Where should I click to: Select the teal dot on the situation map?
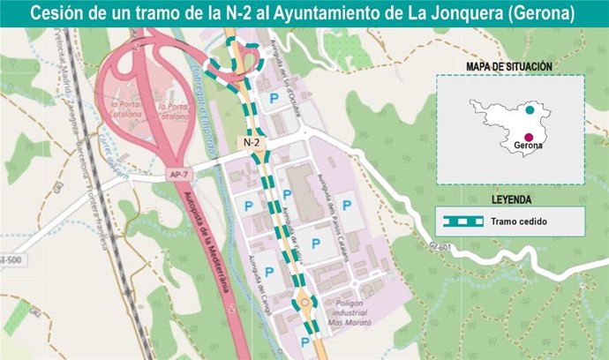click(x=529, y=111)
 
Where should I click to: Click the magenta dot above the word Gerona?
click(x=528, y=136)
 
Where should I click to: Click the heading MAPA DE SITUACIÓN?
click(x=509, y=66)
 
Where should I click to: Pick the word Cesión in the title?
click(x=61, y=14)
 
